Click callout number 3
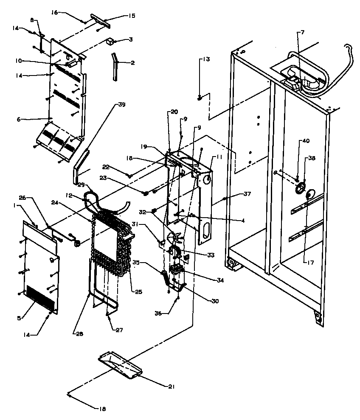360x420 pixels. (131, 39)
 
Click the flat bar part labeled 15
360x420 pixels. (98, 20)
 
